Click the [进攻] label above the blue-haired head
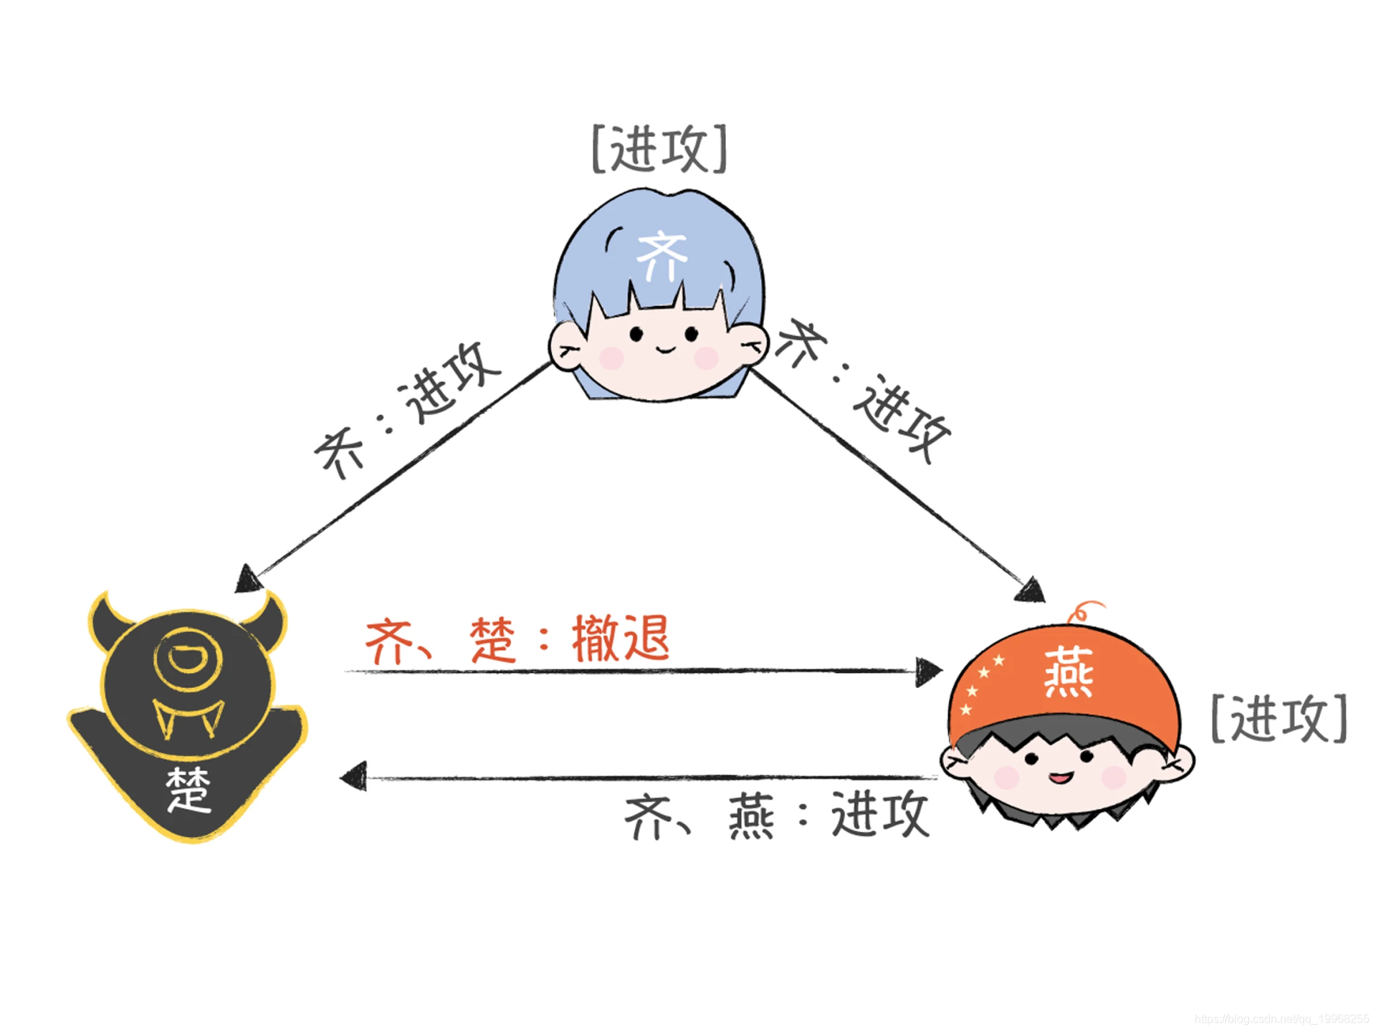659,149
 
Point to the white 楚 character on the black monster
188,790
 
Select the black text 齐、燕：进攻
777,815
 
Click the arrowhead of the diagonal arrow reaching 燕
1032,591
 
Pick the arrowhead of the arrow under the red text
928,672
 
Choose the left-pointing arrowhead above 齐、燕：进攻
353,777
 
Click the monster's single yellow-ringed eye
188,658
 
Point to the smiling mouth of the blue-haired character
665,350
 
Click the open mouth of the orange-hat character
1061,777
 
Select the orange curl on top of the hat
1082,611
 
